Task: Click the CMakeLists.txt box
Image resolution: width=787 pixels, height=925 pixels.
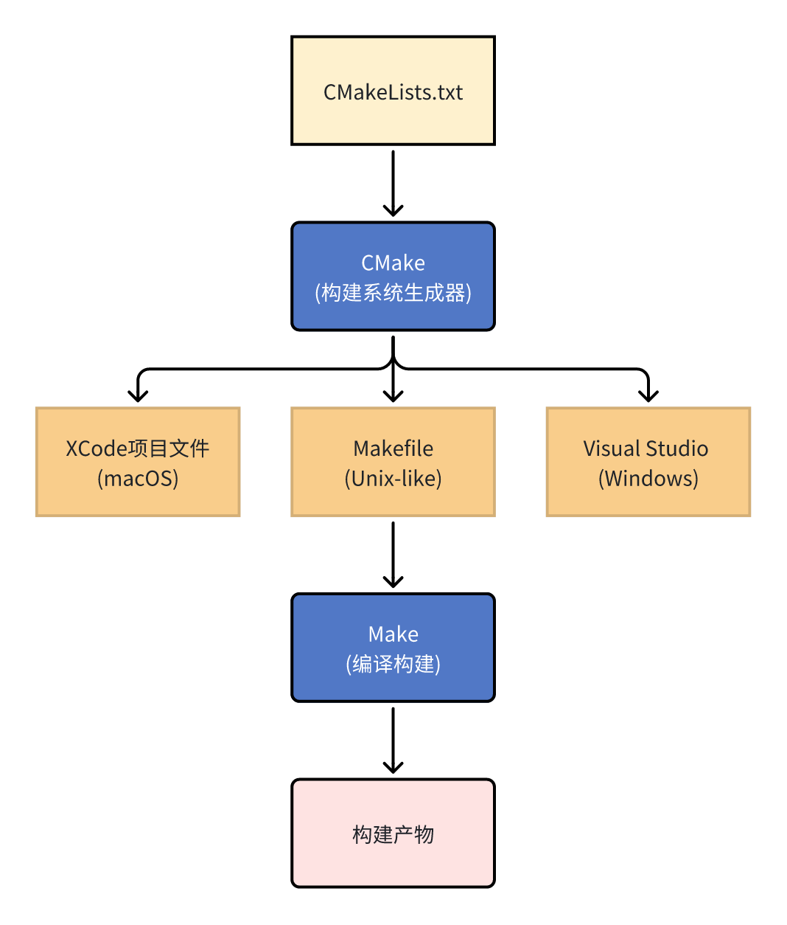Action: (x=393, y=91)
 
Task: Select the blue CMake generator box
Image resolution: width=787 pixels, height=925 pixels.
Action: (x=393, y=277)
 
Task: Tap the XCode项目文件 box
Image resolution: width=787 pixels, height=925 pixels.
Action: (x=138, y=462)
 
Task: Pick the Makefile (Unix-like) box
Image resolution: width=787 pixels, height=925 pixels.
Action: (x=393, y=462)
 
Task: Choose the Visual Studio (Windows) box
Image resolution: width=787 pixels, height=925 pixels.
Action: (x=648, y=462)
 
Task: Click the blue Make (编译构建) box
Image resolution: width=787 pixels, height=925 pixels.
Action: (x=393, y=648)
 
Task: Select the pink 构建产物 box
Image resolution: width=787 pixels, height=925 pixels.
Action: (x=393, y=834)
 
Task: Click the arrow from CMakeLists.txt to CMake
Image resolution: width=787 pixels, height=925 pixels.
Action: (x=393, y=183)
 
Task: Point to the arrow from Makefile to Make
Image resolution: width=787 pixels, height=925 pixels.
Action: (x=393, y=554)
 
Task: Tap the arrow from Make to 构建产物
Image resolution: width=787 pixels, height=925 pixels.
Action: (x=393, y=740)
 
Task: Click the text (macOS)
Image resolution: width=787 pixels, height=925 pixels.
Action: (x=138, y=479)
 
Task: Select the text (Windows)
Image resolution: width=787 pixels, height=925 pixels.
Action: (x=648, y=479)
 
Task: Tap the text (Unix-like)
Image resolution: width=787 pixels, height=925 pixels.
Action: (x=393, y=479)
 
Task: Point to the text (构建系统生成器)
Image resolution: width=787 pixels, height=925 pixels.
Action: (x=393, y=293)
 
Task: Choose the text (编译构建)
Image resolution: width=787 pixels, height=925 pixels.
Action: (x=393, y=664)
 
